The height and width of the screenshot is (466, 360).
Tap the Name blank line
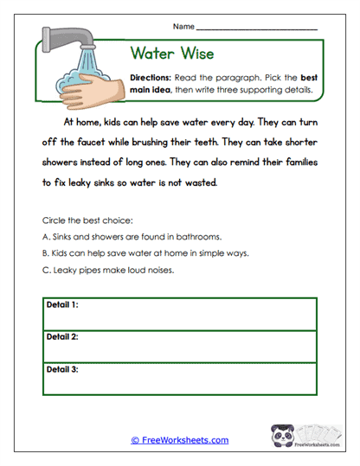(x=257, y=29)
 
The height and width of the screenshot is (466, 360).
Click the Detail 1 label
(x=62, y=305)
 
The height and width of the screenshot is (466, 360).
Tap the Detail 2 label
(x=62, y=336)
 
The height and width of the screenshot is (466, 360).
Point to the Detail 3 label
(x=62, y=368)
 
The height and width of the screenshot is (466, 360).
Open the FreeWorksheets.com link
(x=180, y=440)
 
